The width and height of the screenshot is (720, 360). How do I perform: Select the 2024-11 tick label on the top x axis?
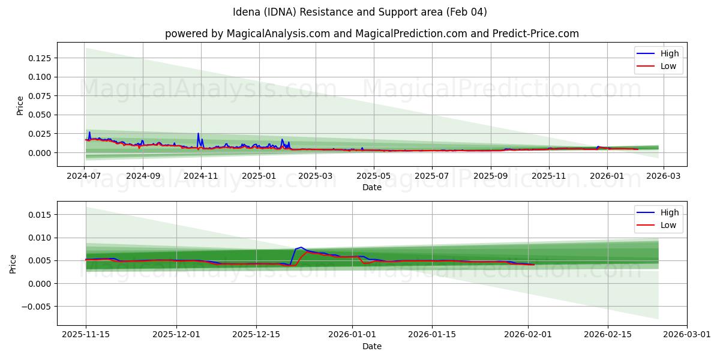200,176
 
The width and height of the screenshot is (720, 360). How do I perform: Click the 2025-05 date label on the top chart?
374,176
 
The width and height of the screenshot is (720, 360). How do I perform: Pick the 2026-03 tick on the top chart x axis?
663,176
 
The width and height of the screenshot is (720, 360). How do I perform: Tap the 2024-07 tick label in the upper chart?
85,176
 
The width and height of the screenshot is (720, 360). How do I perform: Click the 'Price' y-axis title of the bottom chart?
14,264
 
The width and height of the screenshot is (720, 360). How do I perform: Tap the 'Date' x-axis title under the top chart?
372,187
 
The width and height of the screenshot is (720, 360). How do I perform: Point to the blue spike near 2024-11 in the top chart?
198,134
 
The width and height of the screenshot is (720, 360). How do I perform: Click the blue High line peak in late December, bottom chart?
301,247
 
